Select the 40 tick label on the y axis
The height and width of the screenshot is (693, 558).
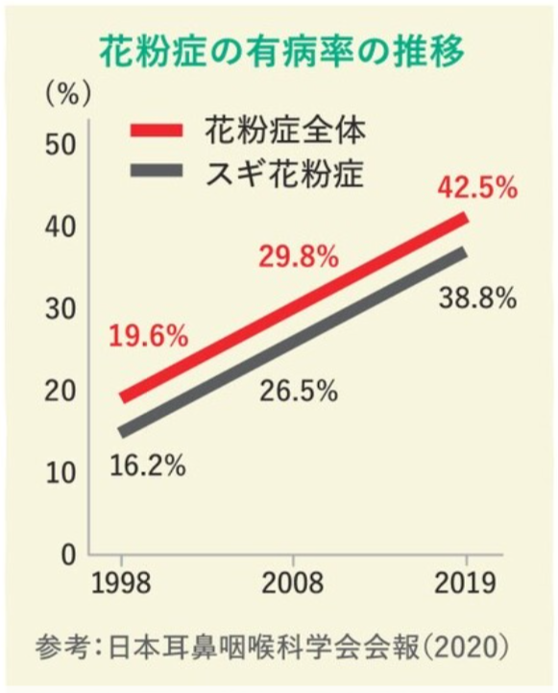point(60,227)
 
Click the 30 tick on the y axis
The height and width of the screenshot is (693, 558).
point(60,308)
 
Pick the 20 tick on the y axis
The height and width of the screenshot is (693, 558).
point(60,391)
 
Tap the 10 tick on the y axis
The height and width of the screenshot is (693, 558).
point(60,472)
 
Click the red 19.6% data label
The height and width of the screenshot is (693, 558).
point(148,337)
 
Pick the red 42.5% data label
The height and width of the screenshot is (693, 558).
point(477,187)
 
